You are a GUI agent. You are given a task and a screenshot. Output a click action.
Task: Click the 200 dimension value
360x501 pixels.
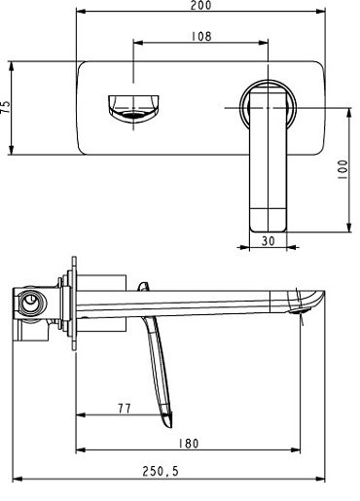click(x=200, y=5)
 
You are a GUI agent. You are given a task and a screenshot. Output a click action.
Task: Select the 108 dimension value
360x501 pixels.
click(x=201, y=36)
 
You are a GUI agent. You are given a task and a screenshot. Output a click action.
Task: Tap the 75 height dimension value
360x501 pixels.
click(x=6, y=107)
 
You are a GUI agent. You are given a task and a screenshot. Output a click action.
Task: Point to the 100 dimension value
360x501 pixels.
click(x=342, y=169)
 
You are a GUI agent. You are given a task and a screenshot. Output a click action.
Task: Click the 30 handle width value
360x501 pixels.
click(x=269, y=241)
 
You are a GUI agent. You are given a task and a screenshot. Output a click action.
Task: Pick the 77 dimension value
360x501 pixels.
click(x=125, y=409)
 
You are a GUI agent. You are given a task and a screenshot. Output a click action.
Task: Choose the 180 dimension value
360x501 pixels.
click(x=189, y=444)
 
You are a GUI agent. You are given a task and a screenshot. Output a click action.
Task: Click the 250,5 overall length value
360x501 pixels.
click(x=161, y=471)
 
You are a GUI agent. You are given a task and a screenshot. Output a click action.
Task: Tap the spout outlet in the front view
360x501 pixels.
click(x=133, y=109)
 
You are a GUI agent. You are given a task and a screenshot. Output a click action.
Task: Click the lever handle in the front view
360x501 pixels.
click(x=269, y=161)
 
